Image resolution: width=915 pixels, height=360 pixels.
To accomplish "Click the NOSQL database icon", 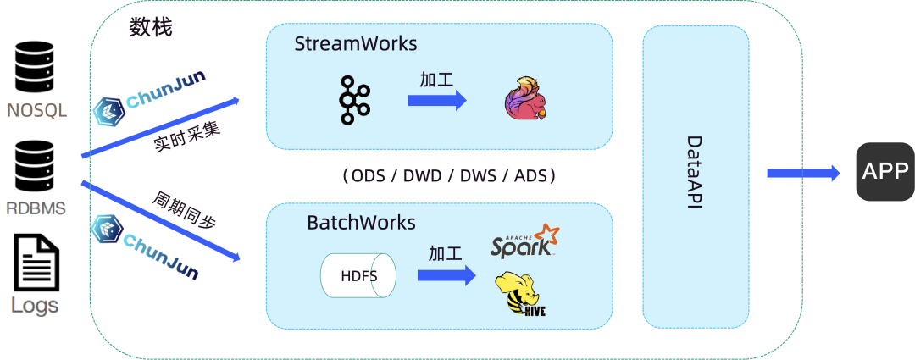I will pos(36,67).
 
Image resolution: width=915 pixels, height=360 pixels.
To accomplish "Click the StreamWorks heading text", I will pos(356,43).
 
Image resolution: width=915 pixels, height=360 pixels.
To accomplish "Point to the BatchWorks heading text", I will pos(361,223).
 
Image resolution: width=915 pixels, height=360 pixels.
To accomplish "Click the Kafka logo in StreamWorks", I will pos(353,101).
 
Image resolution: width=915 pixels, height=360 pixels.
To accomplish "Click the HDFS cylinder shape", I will pos(358,276).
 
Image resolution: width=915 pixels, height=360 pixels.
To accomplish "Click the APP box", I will pos(884,172).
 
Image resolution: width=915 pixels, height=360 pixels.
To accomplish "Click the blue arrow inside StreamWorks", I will pos(437,100).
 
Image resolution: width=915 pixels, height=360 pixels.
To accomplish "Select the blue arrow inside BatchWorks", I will pos(446,275).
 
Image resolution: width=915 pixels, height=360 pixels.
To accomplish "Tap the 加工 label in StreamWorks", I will pos(436,80).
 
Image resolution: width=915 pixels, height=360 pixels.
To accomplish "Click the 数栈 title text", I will pos(151,28).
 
